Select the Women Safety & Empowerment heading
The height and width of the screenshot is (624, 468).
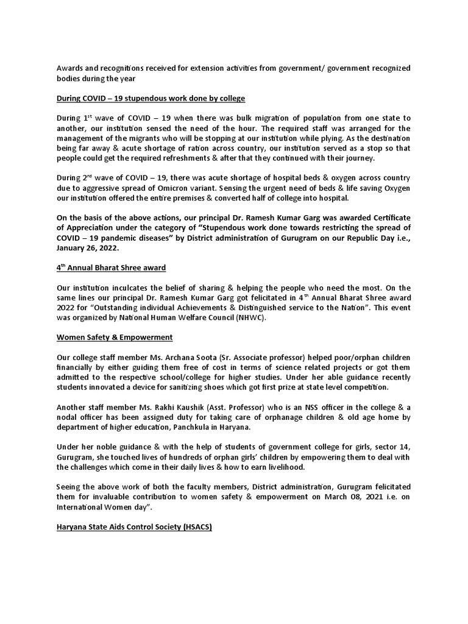[115, 337]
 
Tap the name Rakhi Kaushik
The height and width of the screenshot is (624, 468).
[163, 407]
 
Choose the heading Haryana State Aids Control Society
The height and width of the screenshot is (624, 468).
[134, 526]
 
